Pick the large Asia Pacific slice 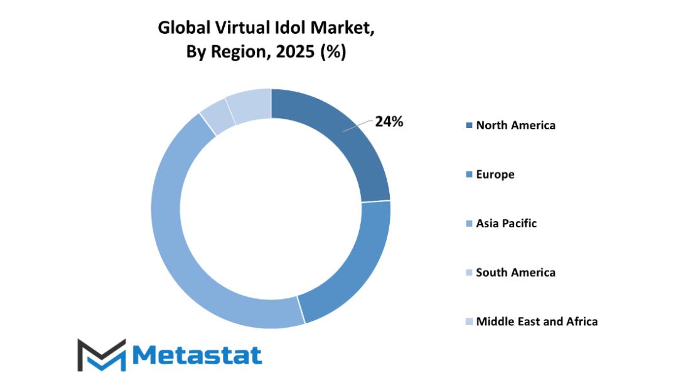coord(188,251)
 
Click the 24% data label coord(389,122)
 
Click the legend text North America coord(515,125)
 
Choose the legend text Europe coord(495,174)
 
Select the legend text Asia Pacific coord(506,223)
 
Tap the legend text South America coord(515,272)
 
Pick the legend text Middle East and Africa coord(537,321)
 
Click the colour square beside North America coord(468,126)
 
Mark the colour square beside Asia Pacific coord(468,224)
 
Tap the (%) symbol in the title coord(332,53)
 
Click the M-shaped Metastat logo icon coord(101,355)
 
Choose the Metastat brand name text coord(197,355)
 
